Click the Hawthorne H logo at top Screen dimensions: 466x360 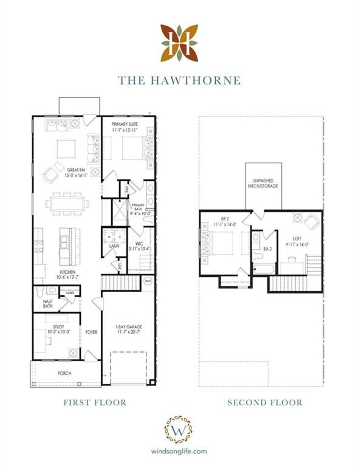click(x=179, y=43)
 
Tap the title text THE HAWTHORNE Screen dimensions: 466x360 click(x=179, y=80)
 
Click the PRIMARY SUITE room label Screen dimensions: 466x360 click(x=125, y=124)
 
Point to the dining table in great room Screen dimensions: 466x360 click(x=67, y=203)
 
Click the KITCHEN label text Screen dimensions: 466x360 click(x=68, y=272)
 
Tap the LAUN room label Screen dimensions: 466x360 click(x=114, y=246)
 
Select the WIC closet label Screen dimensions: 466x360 click(x=139, y=244)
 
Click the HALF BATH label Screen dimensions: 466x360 click(x=48, y=304)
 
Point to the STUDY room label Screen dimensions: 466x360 click(x=58, y=327)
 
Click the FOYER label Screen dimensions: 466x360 click(x=91, y=332)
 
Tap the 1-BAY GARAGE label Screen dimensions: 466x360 click(x=129, y=327)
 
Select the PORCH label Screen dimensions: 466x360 click(x=64, y=373)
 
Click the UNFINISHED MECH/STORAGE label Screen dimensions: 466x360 click(x=263, y=183)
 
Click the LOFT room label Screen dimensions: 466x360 click(x=297, y=239)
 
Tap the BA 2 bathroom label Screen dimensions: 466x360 click(x=268, y=249)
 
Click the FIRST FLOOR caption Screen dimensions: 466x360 click(x=95, y=402)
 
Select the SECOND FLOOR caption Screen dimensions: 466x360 click(x=265, y=402)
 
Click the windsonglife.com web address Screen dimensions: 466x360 click(x=179, y=451)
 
